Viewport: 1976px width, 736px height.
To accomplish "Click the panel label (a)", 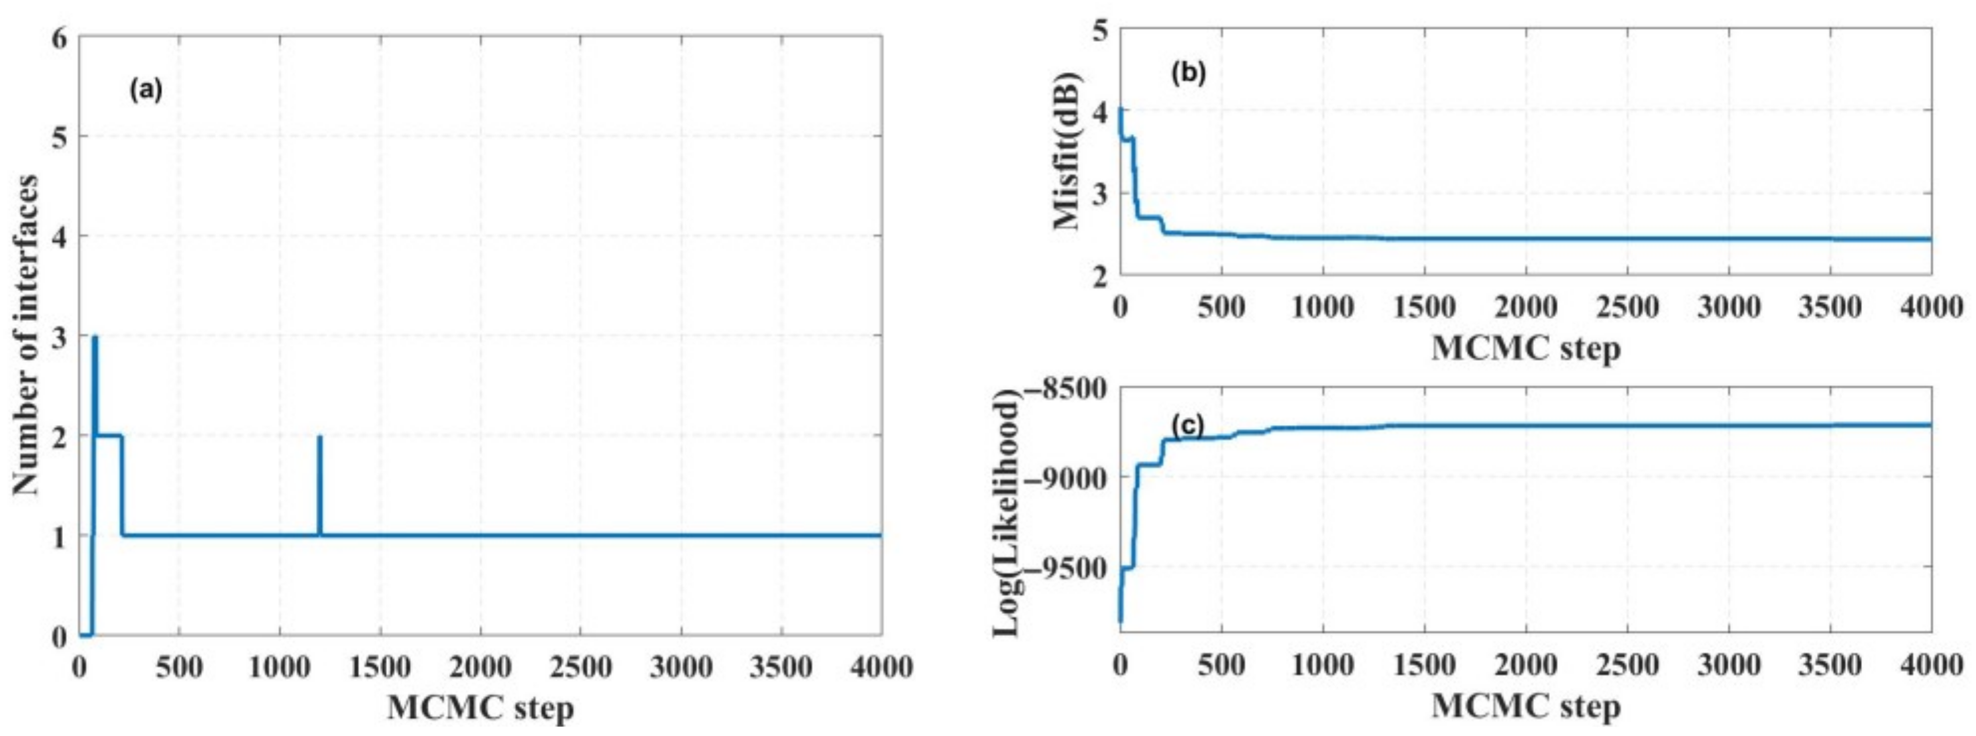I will point(146,91).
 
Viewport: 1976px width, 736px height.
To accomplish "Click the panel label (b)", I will point(1188,72).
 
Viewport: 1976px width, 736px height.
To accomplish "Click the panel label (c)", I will point(1187,424).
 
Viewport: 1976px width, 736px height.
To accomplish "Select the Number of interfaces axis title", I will point(27,336).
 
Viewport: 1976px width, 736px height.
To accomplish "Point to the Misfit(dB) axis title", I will point(1067,151).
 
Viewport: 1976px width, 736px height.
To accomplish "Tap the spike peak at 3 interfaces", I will point(94,337).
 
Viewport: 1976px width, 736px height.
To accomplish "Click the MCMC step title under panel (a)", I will point(481,707).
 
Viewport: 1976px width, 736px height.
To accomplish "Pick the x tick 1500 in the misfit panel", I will point(1425,308).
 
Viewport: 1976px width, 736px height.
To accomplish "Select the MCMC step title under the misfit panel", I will point(1527,349).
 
